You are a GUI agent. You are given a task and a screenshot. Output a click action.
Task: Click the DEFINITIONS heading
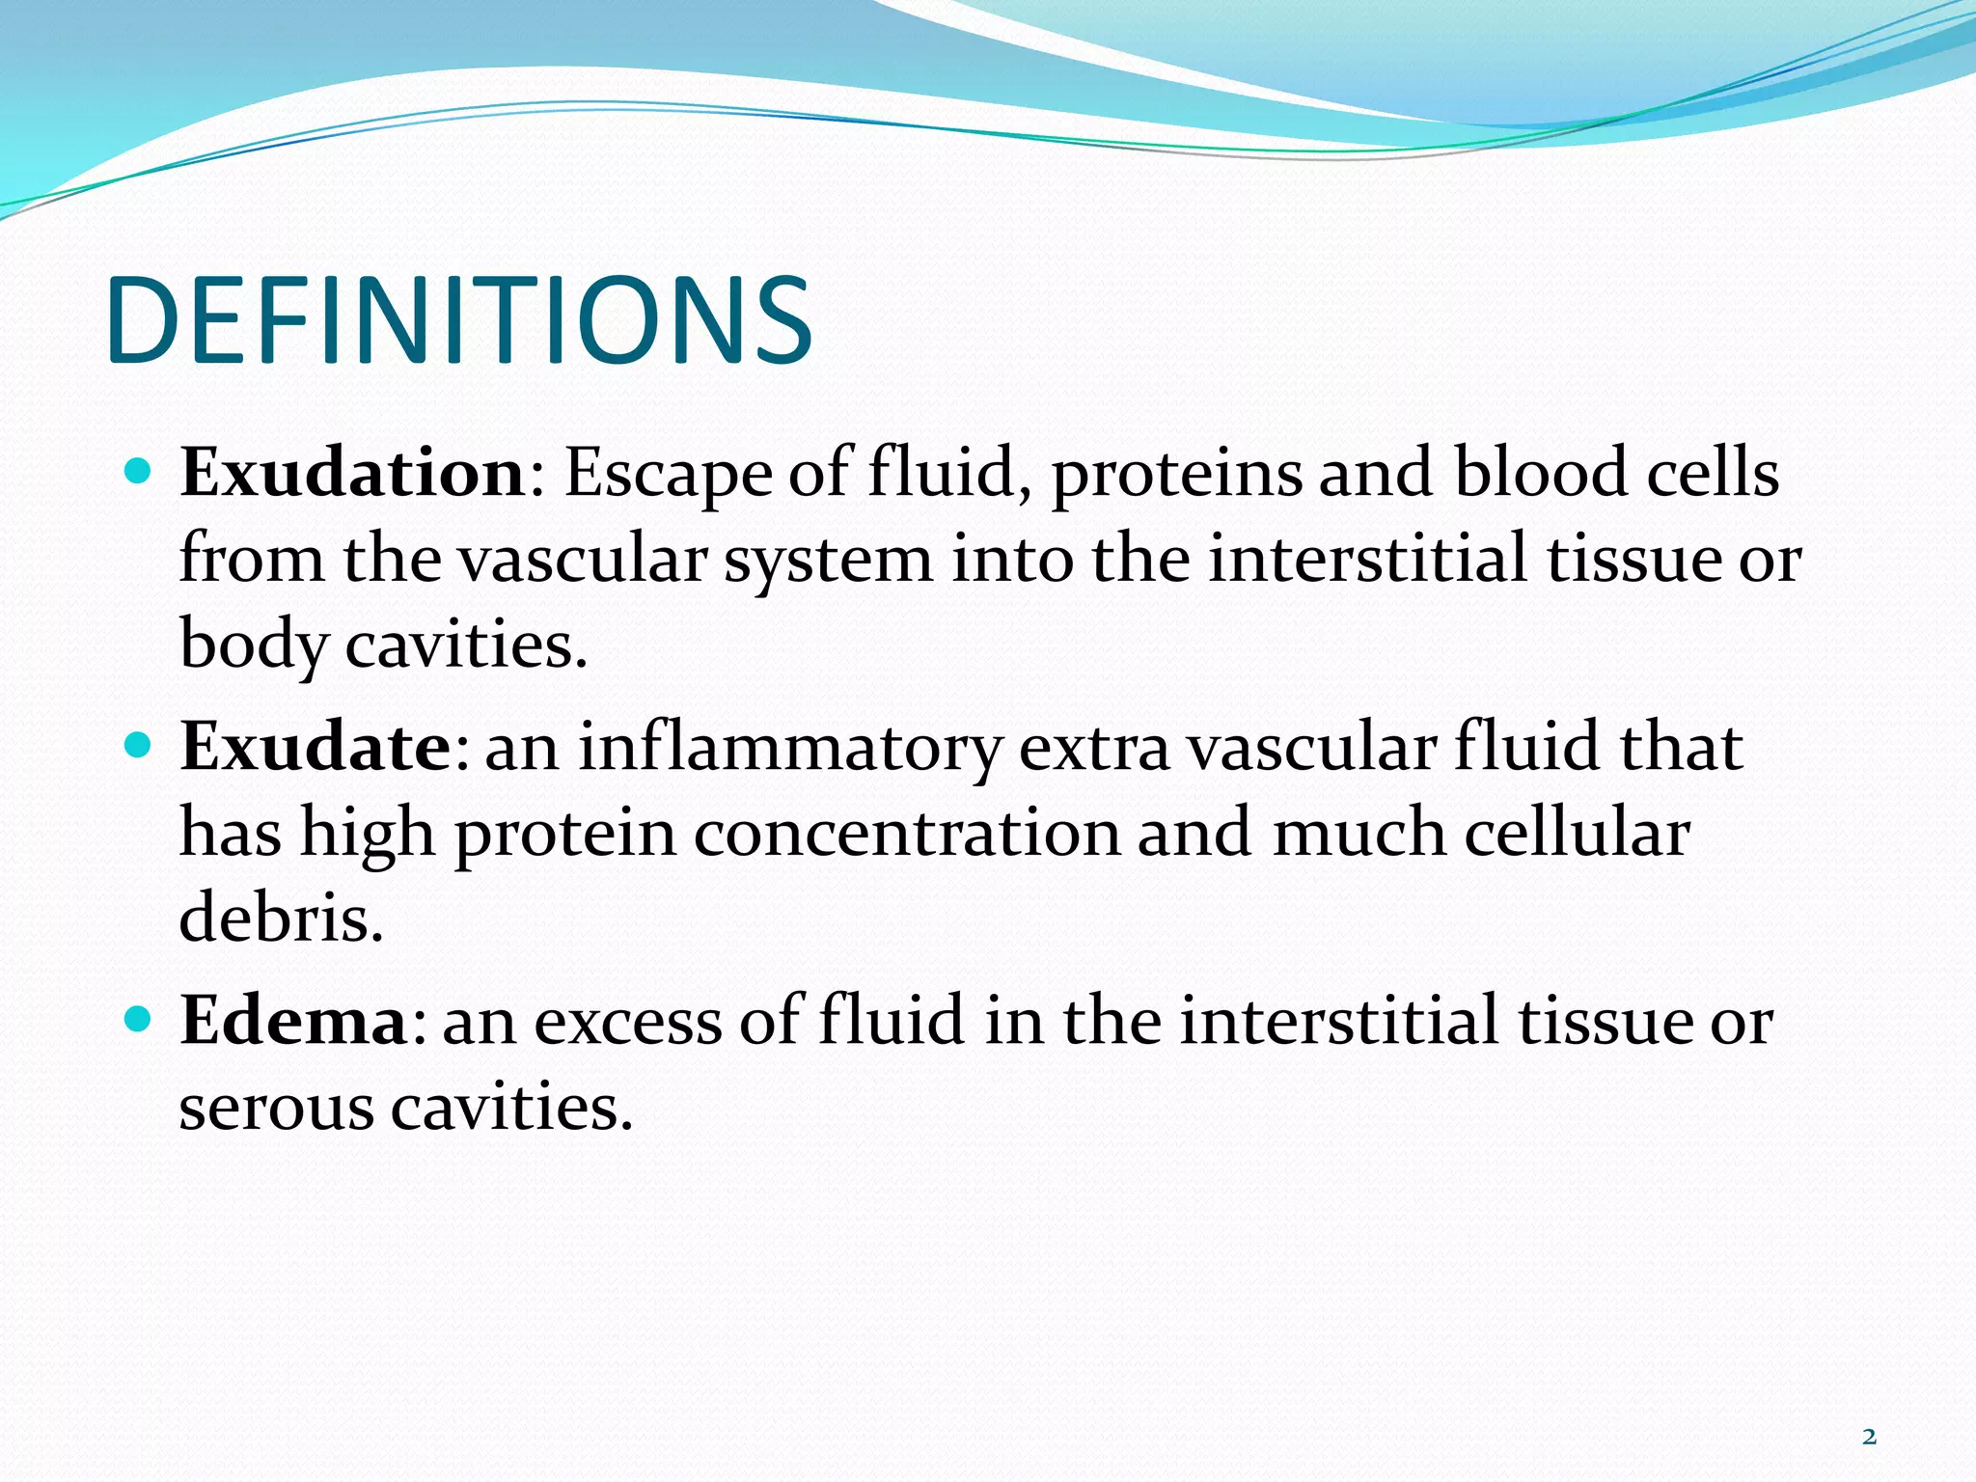tap(460, 321)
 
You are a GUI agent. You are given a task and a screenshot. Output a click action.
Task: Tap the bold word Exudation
tap(352, 474)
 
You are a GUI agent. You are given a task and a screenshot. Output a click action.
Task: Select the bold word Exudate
tap(316, 748)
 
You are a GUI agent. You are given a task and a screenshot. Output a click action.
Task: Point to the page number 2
tap(1869, 1437)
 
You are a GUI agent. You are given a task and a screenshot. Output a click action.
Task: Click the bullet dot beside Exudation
tap(139, 472)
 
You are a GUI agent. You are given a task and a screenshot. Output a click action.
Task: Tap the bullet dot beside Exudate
tap(139, 746)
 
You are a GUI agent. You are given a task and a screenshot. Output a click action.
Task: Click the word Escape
tap(668, 476)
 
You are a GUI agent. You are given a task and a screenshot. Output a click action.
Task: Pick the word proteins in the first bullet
tap(1176, 476)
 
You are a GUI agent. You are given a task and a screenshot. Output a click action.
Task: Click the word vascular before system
tap(581, 560)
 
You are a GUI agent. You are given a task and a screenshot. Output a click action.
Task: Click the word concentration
tap(906, 834)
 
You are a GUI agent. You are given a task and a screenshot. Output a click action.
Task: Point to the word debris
tap(280, 918)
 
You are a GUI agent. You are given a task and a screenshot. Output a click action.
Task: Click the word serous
tap(276, 1108)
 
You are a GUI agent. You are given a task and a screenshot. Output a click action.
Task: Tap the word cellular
tap(1578, 834)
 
